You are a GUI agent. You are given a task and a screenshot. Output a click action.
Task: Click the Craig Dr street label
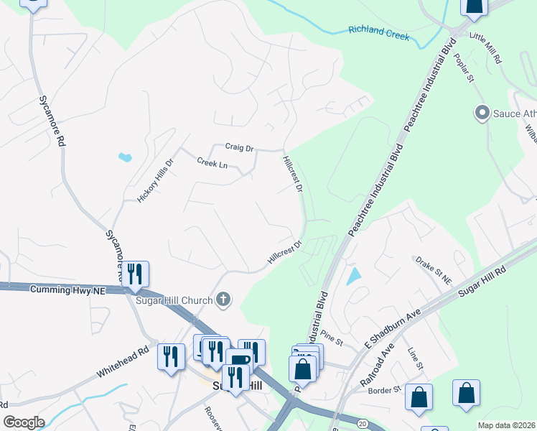[239, 147]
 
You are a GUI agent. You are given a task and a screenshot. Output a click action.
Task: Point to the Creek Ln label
[212, 164]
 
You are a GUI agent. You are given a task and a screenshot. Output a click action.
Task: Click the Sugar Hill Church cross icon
[223, 300]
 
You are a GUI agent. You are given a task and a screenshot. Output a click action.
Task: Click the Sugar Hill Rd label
[482, 277]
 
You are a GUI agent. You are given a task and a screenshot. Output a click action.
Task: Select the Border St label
[384, 389]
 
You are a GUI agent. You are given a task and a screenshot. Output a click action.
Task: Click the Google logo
[24, 422]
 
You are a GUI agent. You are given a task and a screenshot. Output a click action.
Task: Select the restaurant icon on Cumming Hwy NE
[134, 274]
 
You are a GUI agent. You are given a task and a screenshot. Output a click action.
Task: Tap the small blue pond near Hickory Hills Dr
[125, 156]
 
